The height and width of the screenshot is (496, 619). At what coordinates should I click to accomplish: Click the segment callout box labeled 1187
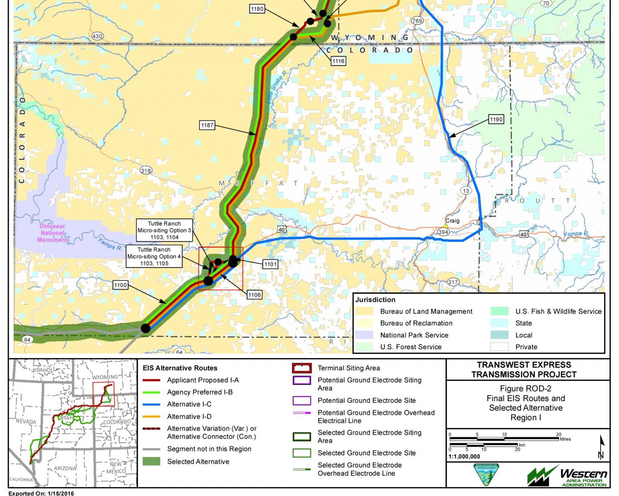(x=207, y=125)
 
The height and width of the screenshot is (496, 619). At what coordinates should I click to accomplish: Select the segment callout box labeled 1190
(x=496, y=119)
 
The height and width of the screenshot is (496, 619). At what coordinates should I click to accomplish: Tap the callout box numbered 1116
(x=338, y=61)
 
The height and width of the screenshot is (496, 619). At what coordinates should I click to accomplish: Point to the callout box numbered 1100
(x=120, y=285)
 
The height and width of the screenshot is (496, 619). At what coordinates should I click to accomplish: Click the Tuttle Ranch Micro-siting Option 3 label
(x=164, y=231)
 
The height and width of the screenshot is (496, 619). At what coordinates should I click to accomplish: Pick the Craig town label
(x=452, y=221)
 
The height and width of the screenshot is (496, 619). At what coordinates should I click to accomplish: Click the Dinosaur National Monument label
(x=52, y=233)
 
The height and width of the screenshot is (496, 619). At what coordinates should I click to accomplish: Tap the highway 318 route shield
(x=145, y=171)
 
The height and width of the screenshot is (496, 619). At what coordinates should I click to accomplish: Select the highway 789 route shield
(x=417, y=21)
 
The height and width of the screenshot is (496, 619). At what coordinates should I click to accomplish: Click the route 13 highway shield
(x=466, y=191)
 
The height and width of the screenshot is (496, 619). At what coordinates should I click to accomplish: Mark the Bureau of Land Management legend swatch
(x=364, y=311)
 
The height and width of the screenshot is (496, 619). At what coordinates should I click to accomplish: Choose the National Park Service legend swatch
(x=364, y=335)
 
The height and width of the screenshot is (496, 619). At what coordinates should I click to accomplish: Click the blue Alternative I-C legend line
(x=151, y=404)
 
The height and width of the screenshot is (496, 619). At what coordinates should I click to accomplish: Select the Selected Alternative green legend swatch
(x=151, y=462)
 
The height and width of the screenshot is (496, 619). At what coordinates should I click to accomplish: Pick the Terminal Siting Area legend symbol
(x=302, y=368)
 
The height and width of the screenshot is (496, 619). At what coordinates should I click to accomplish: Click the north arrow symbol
(x=602, y=447)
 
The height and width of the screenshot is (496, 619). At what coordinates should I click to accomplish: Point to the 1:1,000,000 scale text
(x=465, y=457)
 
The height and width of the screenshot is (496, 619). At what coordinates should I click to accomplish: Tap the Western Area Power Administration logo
(x=567, y=476)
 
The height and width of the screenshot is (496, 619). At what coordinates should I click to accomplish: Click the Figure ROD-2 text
(x=526, y=389)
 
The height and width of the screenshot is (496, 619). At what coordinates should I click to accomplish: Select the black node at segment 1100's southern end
(x=145, y=328)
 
